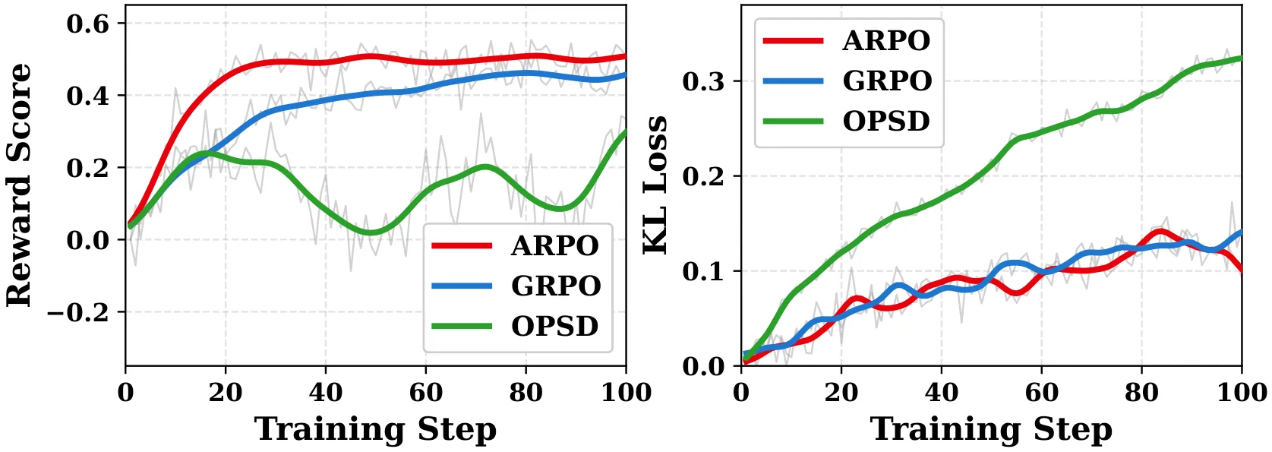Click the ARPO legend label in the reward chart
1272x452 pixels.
tap(555, 246)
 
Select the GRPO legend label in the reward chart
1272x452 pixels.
tap(556, 286)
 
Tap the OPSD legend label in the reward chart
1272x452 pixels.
tap(555, 326)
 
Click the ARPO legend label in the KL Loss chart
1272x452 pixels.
tap(886, 41)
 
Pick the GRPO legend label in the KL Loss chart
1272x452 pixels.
tap(887, 81)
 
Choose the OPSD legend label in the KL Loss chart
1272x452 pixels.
tap(886, 121)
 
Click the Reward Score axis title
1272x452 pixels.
tap(19, 185)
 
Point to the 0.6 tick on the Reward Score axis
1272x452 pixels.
tap(87, 24)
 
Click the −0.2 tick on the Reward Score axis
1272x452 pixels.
tap(77, 312)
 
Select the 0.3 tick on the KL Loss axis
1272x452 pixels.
tap(703, 82)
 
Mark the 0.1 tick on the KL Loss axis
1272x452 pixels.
tap(703, 271)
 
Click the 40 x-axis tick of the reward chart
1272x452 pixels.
tap(325, 393)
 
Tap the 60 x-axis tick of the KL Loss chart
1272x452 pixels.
tap(1041, 393)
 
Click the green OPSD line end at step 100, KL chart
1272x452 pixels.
tap(1241, 58)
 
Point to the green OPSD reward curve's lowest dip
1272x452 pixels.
tap(371, 232)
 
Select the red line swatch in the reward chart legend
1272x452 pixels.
tap(461, 246)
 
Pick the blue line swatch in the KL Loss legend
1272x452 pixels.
tap(793, 81)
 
